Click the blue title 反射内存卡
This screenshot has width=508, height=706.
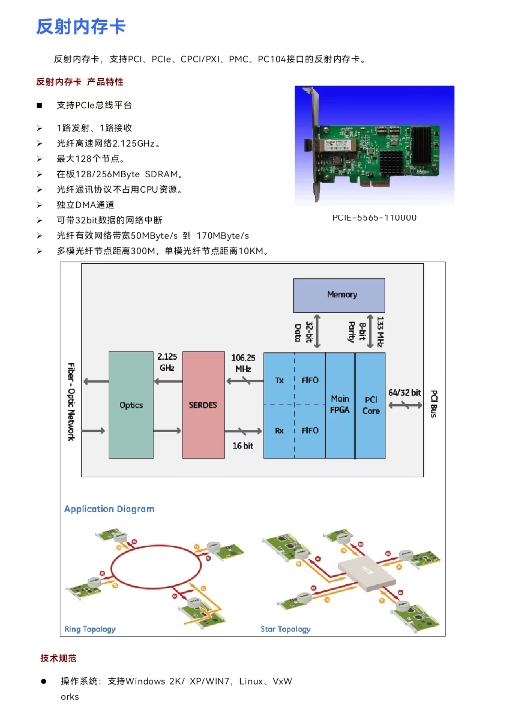tap(81, 27)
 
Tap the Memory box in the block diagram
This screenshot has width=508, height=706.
tap(339, 295)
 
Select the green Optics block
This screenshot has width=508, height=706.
tap(131, 405)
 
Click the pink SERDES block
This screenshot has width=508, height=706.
tap(203, 405)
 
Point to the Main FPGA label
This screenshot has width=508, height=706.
tap(340, 404)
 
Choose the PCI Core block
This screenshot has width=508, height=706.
tap(371, 405)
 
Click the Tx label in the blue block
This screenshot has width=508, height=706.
tap(279, 380)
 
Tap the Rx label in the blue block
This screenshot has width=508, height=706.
tap(279, 431)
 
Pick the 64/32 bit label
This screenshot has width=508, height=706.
tap(404, 392)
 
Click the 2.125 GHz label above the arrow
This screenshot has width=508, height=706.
tap(167, 362)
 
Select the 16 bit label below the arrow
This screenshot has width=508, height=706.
tap(243, 446)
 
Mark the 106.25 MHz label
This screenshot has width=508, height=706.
tap(243, 363)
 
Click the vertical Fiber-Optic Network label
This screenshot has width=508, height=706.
tap(71, 401)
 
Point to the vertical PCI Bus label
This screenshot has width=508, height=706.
tap(434, 403)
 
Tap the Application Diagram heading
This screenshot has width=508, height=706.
tap(109, 509)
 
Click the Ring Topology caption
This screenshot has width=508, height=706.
tap(90, 629)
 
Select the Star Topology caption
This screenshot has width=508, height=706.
tap(285, 629)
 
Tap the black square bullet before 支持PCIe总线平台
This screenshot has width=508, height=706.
tap(40, 106)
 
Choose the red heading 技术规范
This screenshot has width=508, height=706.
tap(58, 658)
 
